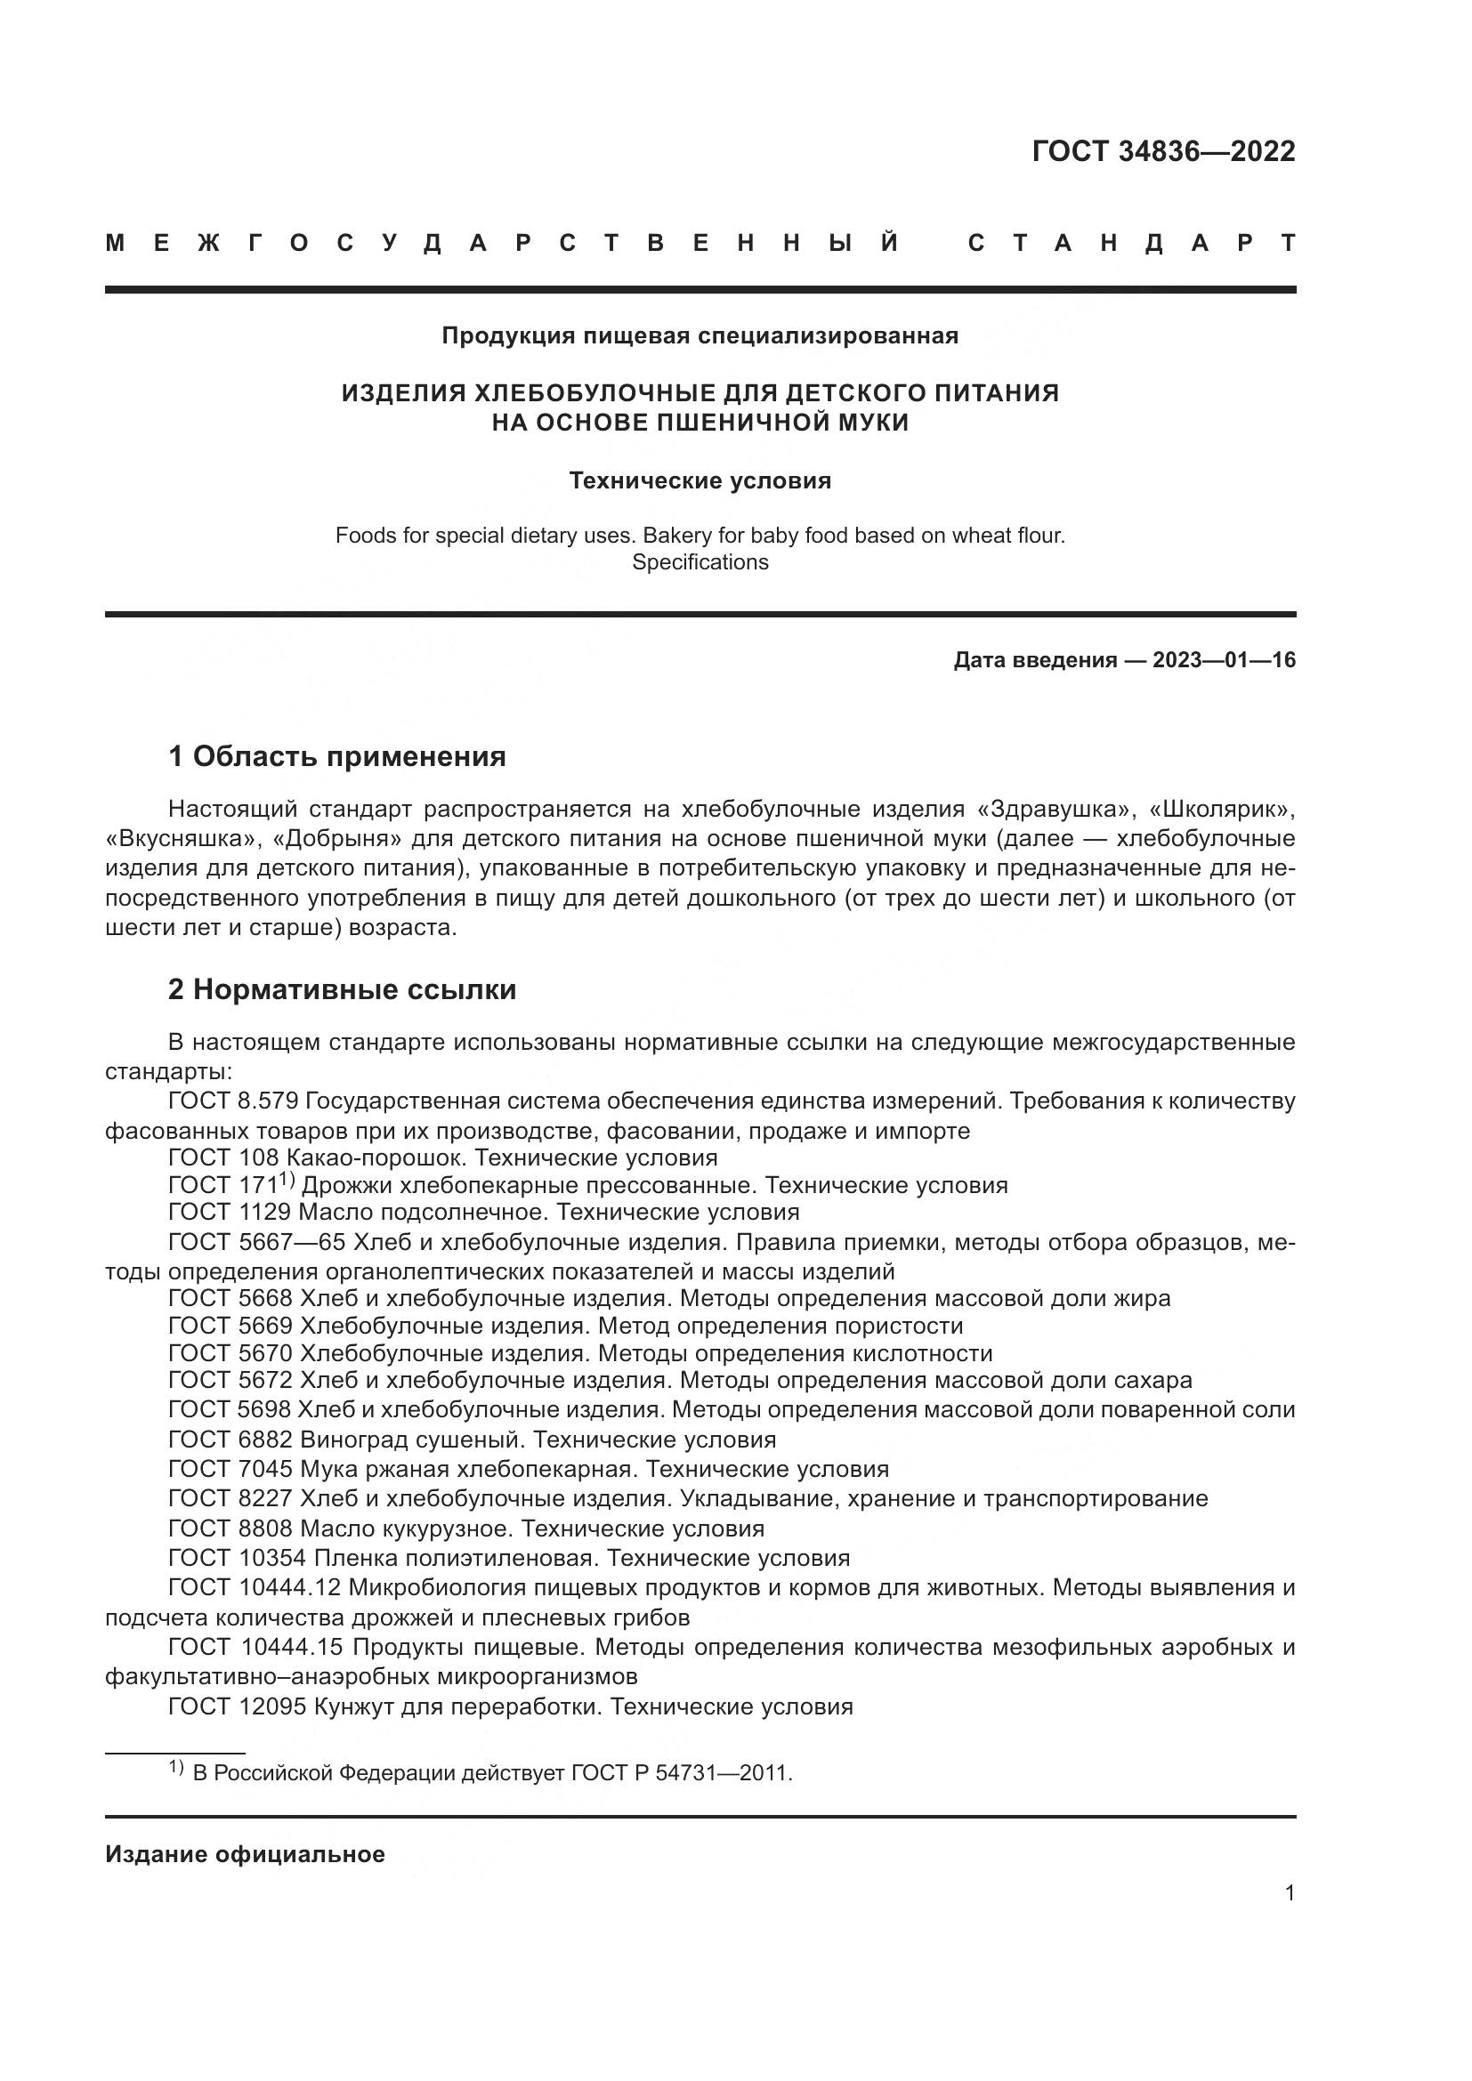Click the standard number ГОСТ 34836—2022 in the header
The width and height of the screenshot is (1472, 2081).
(1163, 151)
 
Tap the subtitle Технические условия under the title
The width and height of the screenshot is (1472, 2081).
(700, 480)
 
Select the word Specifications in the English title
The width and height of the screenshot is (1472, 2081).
(700, 562)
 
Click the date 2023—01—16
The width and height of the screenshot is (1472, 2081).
(1224, 660)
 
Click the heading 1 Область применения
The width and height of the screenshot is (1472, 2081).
(337, 756)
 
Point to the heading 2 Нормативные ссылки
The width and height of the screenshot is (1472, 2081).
(342, 988)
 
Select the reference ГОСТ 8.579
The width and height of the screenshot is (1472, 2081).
(233, 1101)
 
